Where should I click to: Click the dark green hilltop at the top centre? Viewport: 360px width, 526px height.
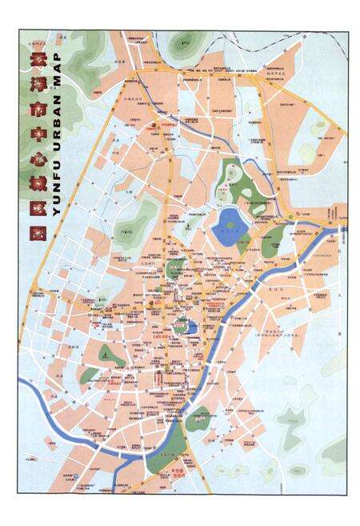point(185,42)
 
